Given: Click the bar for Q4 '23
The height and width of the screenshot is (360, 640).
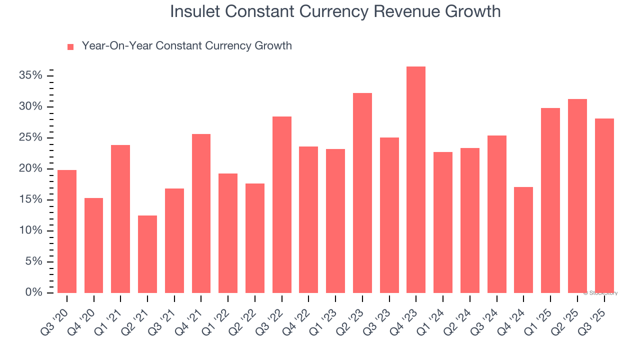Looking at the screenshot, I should pos(416,180).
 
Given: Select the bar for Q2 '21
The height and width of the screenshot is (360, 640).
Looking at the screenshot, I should pos(147,254).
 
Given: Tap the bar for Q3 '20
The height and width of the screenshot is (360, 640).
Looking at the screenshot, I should pos(67,231).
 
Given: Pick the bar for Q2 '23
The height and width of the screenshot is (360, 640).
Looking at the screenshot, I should pos(362,193).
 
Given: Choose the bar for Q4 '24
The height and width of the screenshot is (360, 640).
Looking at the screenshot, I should pos(523,240).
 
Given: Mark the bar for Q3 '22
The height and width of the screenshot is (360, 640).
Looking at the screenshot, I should pos(282,204).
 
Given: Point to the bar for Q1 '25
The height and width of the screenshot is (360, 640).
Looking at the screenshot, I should pos(550,200).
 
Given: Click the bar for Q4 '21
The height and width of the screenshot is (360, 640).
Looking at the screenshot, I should pos(201,213).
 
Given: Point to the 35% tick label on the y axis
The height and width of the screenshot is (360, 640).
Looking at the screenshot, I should pos(30,75).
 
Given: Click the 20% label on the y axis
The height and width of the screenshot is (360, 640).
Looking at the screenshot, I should pos(30,168).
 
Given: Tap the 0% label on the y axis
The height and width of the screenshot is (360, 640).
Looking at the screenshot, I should pos(33,292).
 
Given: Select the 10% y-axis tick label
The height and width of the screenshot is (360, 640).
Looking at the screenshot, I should pos(30,230).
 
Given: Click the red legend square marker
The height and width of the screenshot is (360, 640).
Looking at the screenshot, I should pos(70,46).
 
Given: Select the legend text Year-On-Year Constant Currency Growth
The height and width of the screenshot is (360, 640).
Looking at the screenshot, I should pos(186,46).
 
